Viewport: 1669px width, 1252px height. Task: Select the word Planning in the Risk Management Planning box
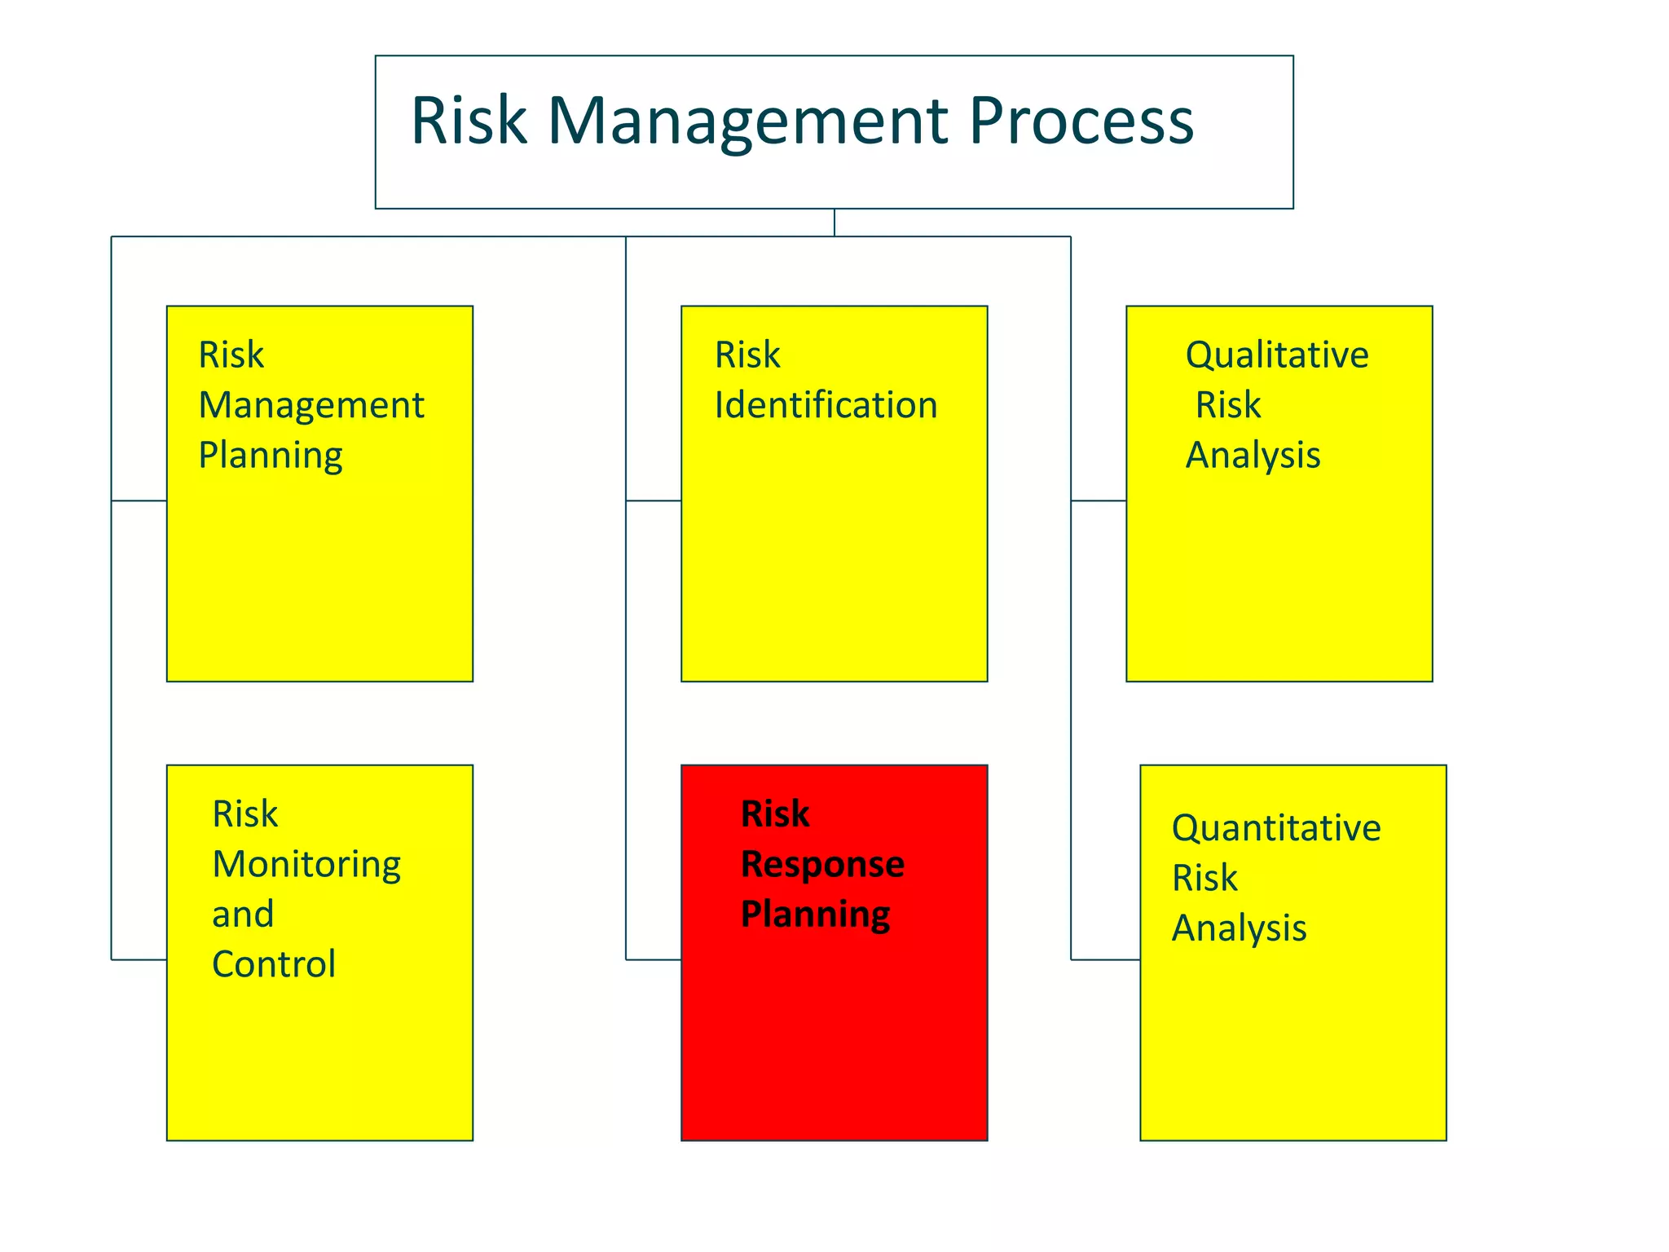coord(271,456)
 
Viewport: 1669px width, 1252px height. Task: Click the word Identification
coord(826,405)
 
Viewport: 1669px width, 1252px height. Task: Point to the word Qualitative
coord(1276,355)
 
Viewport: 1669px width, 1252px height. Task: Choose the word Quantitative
coord(1275,828)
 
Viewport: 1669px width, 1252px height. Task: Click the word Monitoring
coord(306,864)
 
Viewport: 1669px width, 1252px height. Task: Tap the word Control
coord(274,964)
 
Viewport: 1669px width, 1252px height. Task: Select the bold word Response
coord(822,864)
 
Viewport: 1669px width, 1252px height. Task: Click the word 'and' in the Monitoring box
coord(243,914)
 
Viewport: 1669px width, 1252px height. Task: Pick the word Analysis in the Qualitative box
coord(1253,456)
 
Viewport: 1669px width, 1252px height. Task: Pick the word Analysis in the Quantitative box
coord(1239,928)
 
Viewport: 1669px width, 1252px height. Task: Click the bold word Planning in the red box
coord(815,915)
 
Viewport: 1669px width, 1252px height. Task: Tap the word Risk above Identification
coord(747,355)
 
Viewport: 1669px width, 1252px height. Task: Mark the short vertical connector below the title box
coord(834,223)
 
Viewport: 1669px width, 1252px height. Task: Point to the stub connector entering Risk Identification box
coord(654,500)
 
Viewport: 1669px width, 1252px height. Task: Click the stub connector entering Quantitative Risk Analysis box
coord(1105,959)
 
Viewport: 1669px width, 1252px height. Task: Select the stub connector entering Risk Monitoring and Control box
coord(139,959)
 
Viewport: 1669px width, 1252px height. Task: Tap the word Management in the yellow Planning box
coord(311,405)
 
